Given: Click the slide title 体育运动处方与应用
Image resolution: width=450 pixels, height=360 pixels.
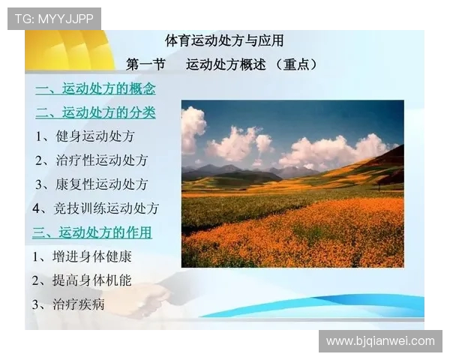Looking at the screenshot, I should (224, 40).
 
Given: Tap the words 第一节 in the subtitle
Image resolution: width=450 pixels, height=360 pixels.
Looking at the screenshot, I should (145, 64).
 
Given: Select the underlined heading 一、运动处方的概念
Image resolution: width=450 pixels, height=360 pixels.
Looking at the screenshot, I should (95, 89).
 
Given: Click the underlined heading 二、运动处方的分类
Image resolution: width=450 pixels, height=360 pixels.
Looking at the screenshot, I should (95, 112).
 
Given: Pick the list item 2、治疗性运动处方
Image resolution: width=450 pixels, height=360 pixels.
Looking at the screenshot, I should (91, 160).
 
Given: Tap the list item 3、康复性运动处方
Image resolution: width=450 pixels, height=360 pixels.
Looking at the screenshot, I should (91, 184).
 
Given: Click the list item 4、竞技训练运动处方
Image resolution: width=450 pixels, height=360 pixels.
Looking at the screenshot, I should (95, 208).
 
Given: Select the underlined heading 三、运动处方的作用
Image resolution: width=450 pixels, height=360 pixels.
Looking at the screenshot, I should (91, 232).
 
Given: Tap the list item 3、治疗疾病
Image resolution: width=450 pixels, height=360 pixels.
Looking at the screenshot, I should (68, 304).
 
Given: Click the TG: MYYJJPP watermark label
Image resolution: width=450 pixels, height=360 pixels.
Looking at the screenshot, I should (54, 19).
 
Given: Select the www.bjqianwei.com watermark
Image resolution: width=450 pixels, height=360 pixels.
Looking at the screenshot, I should (380, 341).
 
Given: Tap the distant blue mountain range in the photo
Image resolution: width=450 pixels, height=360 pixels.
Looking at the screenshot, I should (225, 170).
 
